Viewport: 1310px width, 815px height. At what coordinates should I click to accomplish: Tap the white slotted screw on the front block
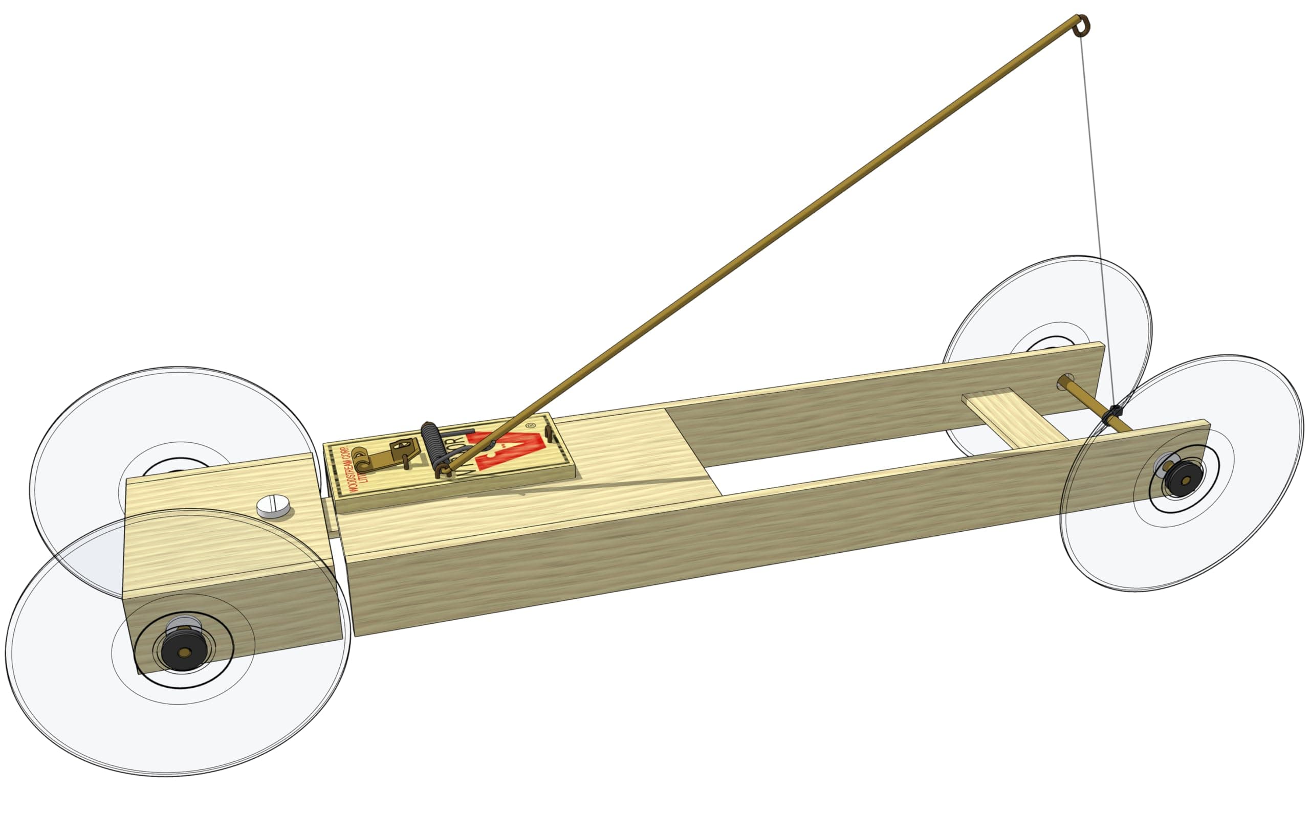point(273,506)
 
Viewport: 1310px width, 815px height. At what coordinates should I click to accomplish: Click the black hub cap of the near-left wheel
point(184,652)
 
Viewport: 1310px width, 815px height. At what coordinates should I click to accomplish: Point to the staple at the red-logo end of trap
point(549,434)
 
